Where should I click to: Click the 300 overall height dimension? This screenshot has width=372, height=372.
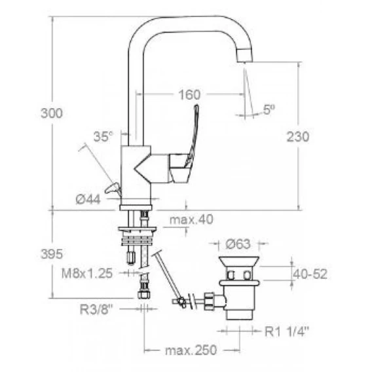[x=52, y=113]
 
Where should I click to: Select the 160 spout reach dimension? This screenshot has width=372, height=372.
[x=189, y=95]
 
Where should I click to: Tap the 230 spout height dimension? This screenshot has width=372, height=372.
[x=298, y=137]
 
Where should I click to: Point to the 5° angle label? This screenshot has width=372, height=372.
[x=269, y=110]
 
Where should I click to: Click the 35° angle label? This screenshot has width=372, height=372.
[x=103, y=137]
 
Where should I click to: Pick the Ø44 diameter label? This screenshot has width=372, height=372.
[x=88, y=199]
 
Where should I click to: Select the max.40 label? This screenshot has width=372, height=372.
[x=191, y=219]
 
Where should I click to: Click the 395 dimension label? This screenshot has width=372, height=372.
[x=52, y=254]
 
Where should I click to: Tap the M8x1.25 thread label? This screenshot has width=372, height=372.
[x=87, y=274]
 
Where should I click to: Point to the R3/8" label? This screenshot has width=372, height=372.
[x=96, y=309]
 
